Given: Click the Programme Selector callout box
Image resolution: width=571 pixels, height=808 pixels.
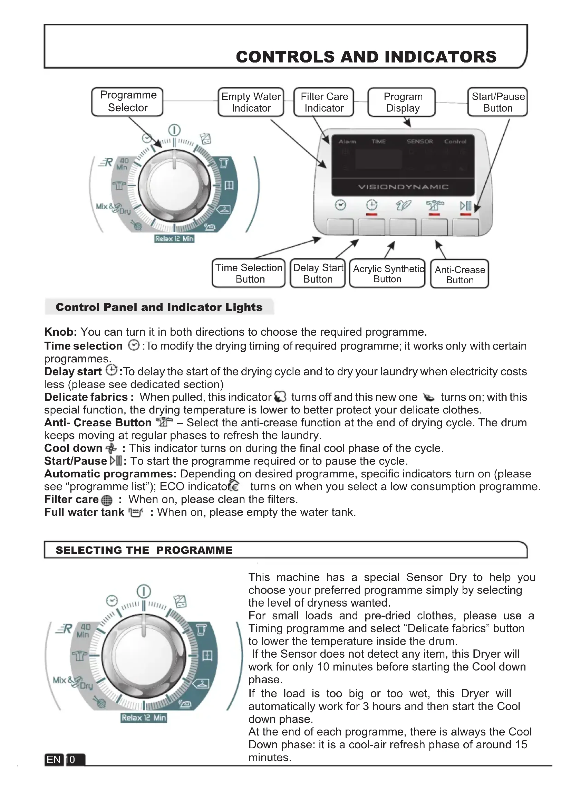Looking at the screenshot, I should [127, 101].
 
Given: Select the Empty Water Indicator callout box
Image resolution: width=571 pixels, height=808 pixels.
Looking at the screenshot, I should [251, 102].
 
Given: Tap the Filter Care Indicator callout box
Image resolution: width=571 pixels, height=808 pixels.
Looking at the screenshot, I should [324, 102].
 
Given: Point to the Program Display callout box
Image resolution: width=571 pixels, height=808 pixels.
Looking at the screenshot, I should [402, 102].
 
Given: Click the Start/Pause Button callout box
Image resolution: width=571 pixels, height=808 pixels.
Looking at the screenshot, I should [497, 102].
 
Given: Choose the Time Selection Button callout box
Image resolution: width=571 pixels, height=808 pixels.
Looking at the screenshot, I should [249, 274].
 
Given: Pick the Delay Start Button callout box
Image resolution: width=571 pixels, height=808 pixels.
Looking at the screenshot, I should [318, 274].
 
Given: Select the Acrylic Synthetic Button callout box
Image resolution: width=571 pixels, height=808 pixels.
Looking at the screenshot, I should [387, 274].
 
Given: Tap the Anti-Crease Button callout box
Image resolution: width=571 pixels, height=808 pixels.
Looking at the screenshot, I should [459, 274].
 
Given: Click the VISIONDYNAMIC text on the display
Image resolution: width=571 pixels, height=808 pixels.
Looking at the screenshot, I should [403, 187].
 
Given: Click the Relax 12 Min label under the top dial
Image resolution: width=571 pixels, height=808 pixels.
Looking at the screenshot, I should [174, 239].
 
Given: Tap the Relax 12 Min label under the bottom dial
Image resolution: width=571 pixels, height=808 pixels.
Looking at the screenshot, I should [144, 717].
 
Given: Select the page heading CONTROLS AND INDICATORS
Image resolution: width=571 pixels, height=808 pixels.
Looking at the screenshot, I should [366, 57].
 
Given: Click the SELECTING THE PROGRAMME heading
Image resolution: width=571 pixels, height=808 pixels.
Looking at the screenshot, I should [144, 550].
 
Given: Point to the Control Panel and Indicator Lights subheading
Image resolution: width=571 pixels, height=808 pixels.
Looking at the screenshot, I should [159, 307].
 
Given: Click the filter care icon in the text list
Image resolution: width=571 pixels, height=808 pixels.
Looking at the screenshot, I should [107, 500].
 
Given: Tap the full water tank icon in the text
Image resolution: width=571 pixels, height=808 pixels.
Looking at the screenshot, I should [136, 513].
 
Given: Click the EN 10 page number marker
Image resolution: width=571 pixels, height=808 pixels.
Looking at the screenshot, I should [65, 759].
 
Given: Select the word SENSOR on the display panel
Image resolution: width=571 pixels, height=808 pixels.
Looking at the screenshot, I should [419, 142].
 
